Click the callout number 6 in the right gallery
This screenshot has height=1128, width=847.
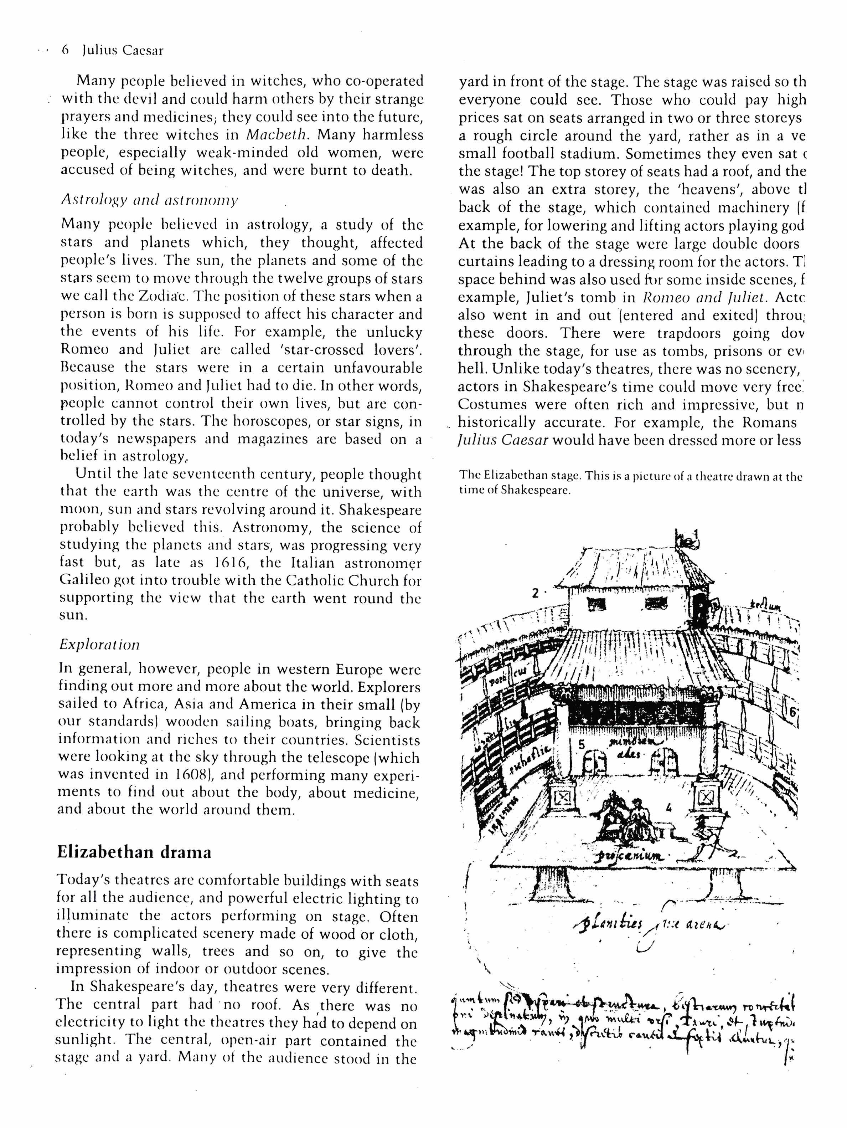[792, 713]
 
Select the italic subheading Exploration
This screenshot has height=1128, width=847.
[99, 645]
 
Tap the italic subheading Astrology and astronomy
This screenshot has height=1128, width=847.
[149, 200]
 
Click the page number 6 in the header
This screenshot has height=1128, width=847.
[65, 50]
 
